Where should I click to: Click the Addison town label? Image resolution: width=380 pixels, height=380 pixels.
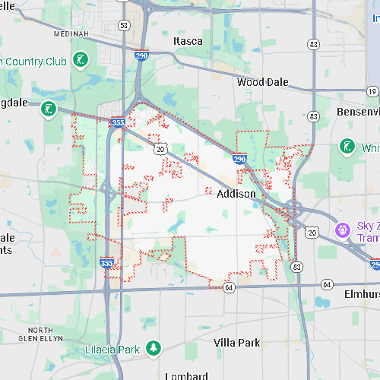[236, 194]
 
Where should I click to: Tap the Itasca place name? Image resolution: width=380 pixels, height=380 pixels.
[188, 41]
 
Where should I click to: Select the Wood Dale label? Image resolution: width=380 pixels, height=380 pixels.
[261, 81]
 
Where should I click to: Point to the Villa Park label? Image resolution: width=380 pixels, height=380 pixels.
[236, 343]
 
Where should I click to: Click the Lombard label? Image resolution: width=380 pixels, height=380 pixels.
[186, 375]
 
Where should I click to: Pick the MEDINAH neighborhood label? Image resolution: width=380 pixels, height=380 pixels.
[72, 34]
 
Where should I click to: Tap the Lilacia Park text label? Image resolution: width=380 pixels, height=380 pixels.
[112, 350]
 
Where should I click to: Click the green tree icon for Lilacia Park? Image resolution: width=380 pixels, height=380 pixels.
[154, 348]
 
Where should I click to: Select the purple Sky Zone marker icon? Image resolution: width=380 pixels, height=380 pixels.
[343, 228]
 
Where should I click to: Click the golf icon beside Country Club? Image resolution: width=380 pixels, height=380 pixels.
[81, 59]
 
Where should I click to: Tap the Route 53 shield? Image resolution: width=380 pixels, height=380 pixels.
[124, 25]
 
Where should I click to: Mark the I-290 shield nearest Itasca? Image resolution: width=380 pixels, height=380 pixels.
[141, 56]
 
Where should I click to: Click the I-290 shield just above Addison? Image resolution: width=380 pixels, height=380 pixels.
[239, 159]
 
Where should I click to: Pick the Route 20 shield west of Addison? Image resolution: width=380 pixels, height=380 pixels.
[160, 149]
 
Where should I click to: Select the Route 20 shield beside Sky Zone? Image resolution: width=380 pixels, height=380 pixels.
[312, 232]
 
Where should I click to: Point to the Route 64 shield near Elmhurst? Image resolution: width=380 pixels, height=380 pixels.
[327, 284]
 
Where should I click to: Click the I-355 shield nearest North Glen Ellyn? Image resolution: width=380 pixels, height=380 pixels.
[107, 262]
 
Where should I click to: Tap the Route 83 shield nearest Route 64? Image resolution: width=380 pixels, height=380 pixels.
[297, 267]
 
